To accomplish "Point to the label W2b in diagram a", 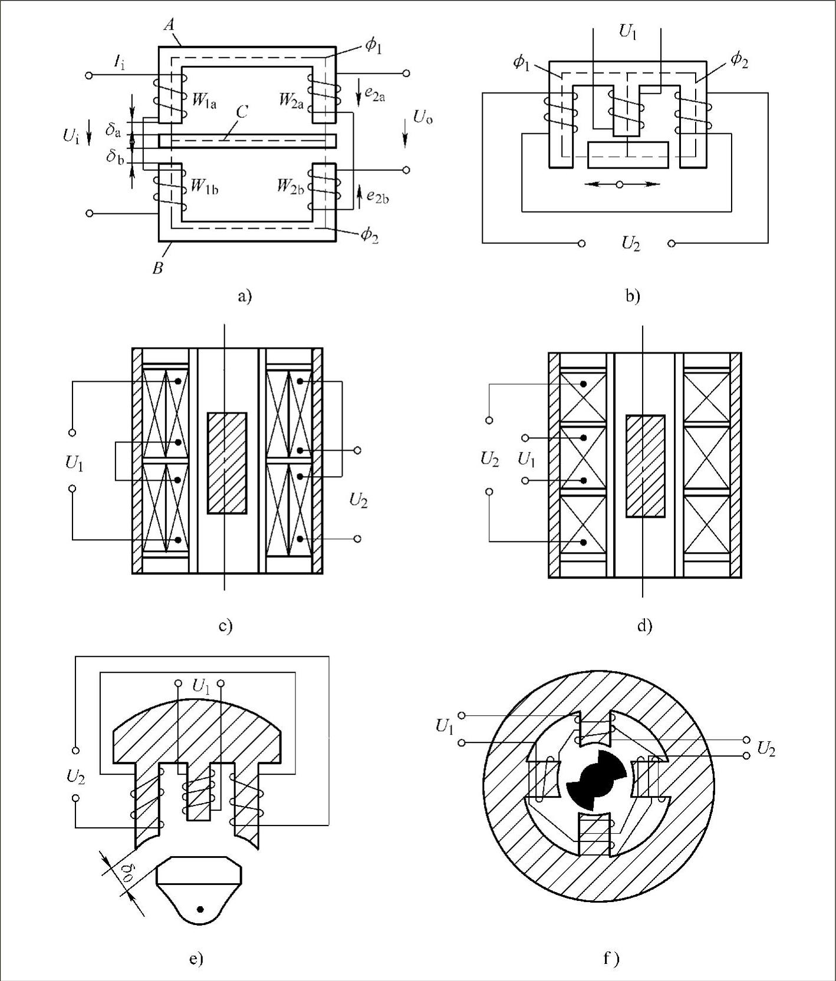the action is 291,187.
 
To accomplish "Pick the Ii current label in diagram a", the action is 120,62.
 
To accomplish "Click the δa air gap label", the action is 113,130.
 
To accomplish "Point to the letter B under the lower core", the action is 157,269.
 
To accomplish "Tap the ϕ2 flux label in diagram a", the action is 370,235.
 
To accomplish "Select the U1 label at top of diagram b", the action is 628,31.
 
